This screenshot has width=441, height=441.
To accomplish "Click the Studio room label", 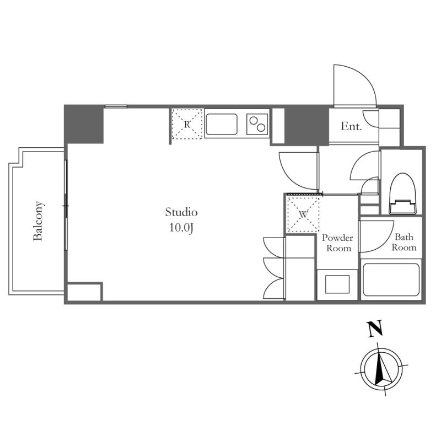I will pyautogui.click(x=181, y=212).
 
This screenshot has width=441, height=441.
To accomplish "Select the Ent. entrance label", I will pyautogui.click(x=351, y=126).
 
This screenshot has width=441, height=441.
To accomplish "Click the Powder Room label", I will pyautogui.click(x=337, y=243).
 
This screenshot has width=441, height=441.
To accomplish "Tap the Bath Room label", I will pyautogui.click(x=404, y=243).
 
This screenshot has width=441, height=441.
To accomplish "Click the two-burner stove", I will pyautogui.click(x=256, y=124).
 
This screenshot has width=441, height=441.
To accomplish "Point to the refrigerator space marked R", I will pyautogui.click(x=187, y=124).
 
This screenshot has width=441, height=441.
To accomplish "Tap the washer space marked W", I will pyautogui.click(x=303, y=213).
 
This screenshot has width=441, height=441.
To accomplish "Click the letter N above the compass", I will pyautogui.click(x=375, y=330).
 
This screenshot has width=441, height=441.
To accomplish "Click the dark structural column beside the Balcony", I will pyautogui.click(x=84, y=124).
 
